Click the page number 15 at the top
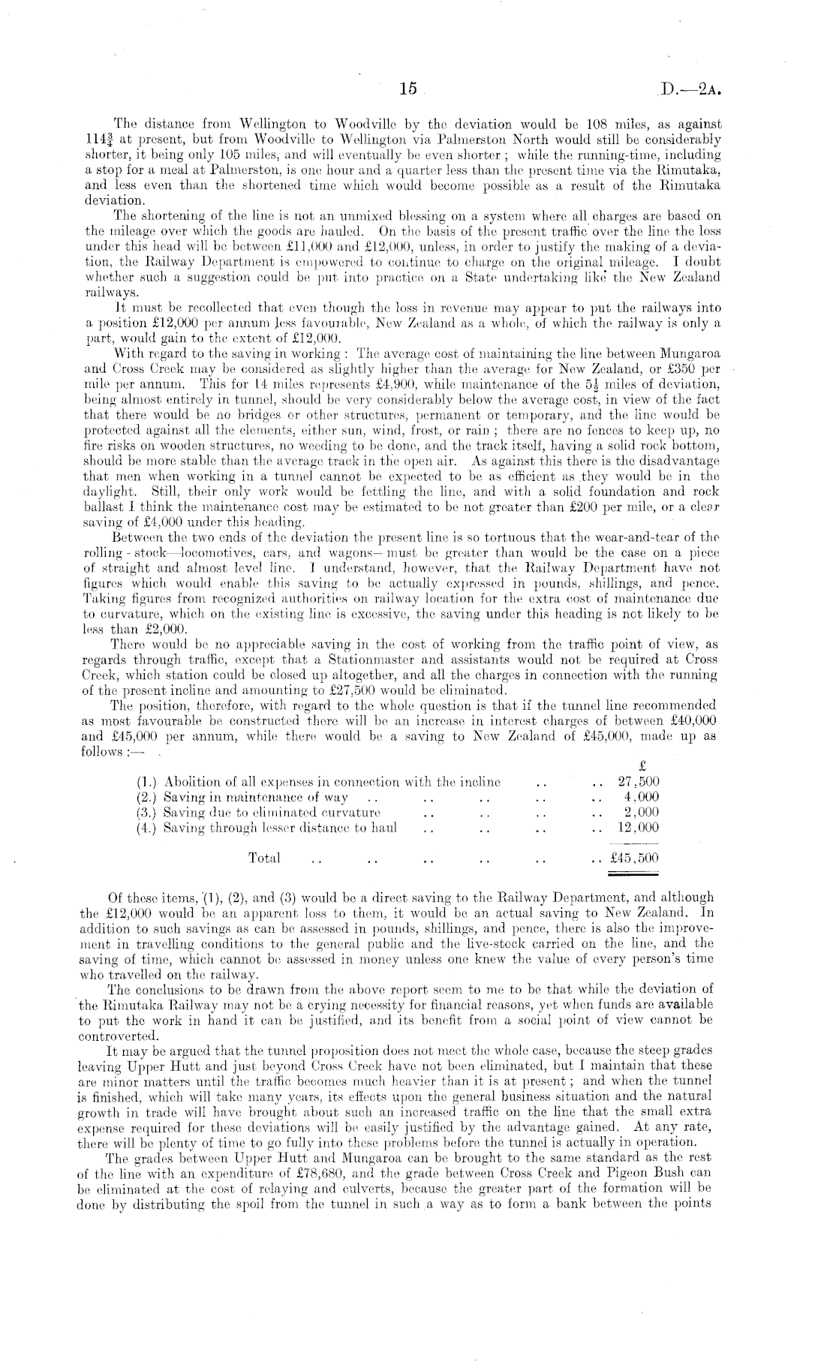click(x=407, y=89)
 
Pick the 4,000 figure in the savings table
click(x=642, y=797)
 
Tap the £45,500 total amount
click(x=636, y=858)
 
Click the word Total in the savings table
click(x=263, y=858)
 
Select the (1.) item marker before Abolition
click(x=147, y=781)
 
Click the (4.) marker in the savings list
click(x=147, y=828)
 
